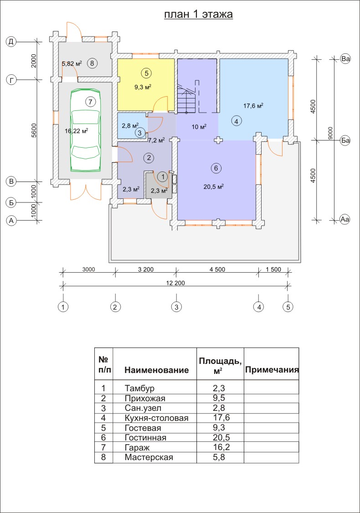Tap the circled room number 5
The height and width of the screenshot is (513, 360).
(146, 73)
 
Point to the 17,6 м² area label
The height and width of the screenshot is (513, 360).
(253, 106)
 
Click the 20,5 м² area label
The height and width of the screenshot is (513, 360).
(213, 186)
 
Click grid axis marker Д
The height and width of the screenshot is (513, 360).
(11, 42)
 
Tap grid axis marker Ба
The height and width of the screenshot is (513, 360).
(345, 140)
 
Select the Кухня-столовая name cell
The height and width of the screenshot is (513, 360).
(156, 418)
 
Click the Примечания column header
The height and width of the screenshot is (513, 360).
(272, 370)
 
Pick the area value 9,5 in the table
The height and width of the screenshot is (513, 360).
(219, 398)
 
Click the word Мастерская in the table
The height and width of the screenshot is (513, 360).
(149, 457)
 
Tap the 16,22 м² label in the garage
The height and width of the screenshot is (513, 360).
(76, 130)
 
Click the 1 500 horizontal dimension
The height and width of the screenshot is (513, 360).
(273, 269)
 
